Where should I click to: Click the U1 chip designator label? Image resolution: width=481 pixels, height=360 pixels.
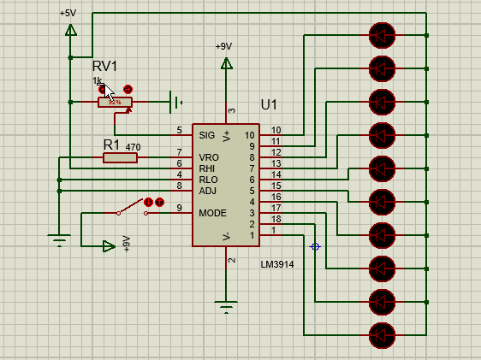(x=270, y=104)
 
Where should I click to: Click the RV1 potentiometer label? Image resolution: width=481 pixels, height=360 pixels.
(x=104, y=66)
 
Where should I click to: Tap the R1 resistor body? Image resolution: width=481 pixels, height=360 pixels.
(x=114, y=157)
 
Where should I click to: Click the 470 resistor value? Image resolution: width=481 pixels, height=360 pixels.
(x=133, y=147)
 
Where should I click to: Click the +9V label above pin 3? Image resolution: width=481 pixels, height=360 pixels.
(x=223, y=46)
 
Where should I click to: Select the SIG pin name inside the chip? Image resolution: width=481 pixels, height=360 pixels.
(x=206, y=135)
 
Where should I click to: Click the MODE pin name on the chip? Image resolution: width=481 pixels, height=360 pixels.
(x=212, y=212)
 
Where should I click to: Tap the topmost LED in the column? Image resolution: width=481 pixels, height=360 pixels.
(x=381, y=35)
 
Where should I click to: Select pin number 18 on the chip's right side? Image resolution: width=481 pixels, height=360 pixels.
(x=276, y=220)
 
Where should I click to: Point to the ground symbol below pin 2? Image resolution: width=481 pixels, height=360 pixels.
(x=226, y=306)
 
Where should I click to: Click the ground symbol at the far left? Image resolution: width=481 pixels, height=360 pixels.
(x=58, y=240)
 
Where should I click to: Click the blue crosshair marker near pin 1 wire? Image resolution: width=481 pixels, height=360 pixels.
(x=315, y=246)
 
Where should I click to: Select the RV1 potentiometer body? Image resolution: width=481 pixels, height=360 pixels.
(x=115, y=102)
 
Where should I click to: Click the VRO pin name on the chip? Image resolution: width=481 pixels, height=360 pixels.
(x=208, y=157)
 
